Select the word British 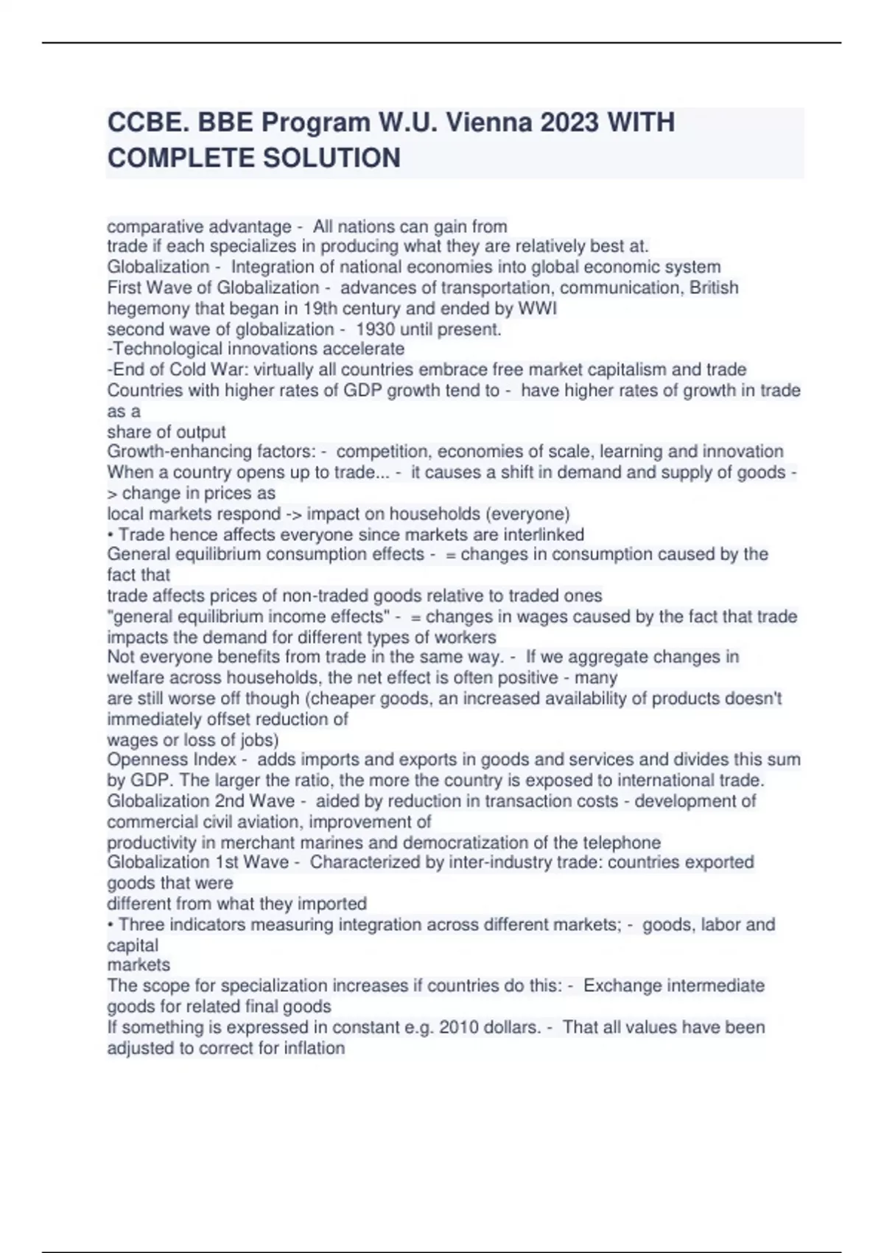pos(714,287)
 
